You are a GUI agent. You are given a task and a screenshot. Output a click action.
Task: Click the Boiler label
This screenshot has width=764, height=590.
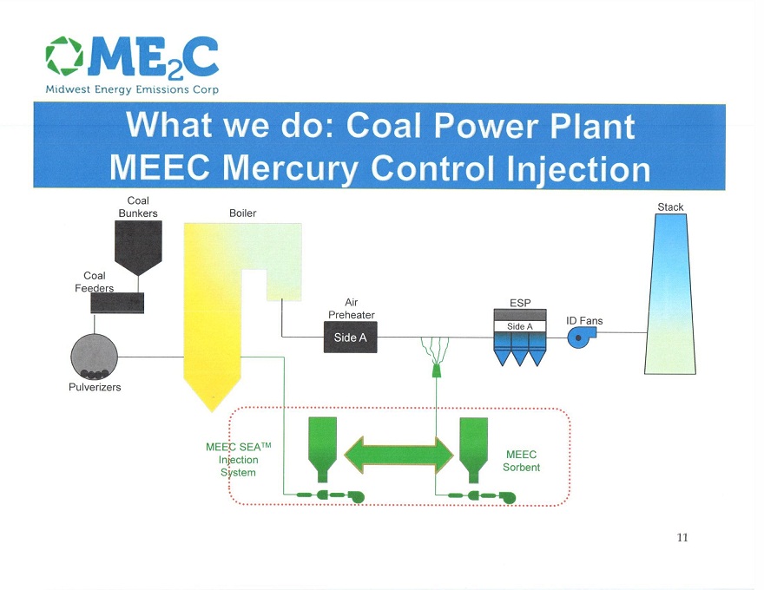coord(242,213)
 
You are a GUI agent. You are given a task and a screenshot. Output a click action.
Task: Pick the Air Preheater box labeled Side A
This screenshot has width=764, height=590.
coord(351,338)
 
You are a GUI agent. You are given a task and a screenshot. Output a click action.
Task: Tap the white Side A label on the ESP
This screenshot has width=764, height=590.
coord(520,326)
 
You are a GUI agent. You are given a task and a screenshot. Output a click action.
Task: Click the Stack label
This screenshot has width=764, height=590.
coord(670,207)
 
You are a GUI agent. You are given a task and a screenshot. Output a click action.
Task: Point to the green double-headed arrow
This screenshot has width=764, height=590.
coord(398,452)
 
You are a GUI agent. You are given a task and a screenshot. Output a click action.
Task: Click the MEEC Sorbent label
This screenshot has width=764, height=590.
coord(521,461)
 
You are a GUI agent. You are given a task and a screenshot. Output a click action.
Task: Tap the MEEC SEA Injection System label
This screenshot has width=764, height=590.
coord(239,460)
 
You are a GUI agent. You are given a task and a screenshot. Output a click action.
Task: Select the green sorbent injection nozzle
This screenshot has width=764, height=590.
coord(436,370)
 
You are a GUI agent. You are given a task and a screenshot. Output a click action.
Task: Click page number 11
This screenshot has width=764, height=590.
coord(682,537)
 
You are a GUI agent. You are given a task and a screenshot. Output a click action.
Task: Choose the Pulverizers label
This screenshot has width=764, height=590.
coord(95,387)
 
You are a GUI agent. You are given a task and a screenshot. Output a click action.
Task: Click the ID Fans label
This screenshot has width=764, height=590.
coord(584,320)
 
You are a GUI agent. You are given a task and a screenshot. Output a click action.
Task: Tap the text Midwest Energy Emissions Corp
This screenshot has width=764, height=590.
coord(132,89)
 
